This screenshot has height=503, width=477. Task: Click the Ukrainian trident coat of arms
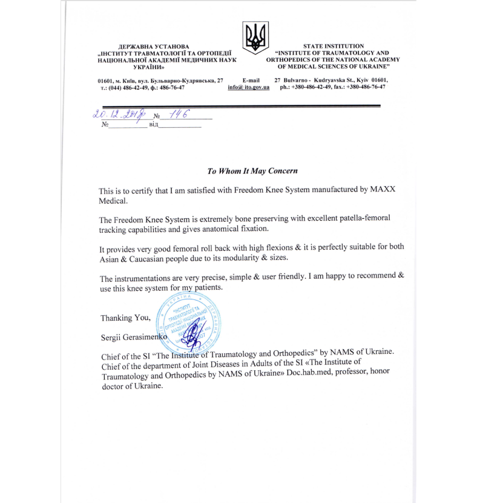[255, 38]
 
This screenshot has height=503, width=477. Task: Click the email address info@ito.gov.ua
[248, 87]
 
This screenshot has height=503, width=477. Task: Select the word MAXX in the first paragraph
[383, 190]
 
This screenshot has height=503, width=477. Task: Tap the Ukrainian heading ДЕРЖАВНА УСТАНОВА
[154, 47]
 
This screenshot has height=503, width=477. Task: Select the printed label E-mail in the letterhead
[251, 80]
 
